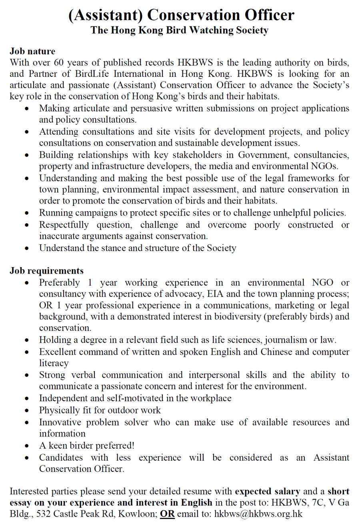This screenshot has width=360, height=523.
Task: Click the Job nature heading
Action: [x=32, y=52]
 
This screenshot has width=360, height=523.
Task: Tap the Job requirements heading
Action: [x=46, y=271]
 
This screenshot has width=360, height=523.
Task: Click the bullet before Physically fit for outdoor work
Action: [x=27, y=411]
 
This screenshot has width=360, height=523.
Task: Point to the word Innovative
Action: [x=60, y=422]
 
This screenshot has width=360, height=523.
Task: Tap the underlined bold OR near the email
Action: [x=167, y=514]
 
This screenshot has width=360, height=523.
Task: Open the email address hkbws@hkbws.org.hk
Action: [x=258, y=514]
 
